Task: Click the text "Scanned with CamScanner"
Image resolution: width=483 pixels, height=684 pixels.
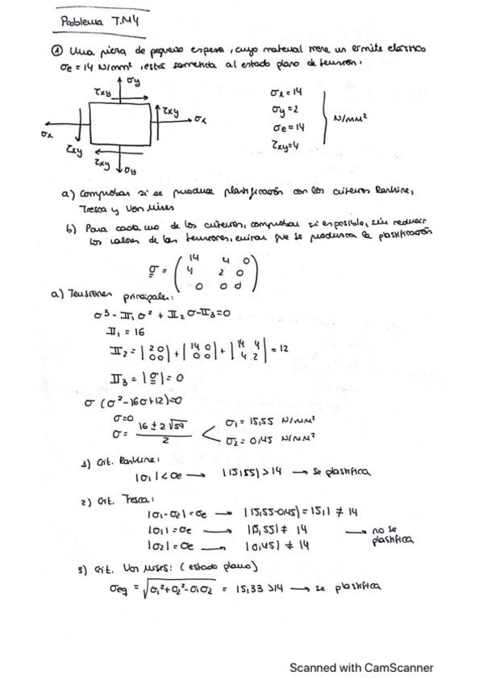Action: coord(361,667)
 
